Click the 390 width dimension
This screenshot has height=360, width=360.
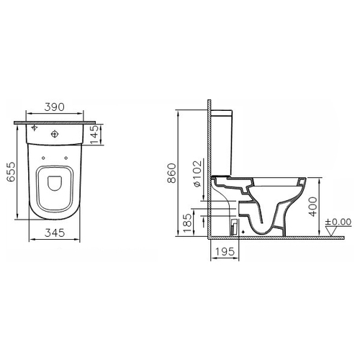pos(54,107)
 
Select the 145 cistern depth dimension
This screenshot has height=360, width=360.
pos(94,135)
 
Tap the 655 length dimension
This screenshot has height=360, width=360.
pos(11,172)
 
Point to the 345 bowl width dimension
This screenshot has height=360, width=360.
pos(55,233)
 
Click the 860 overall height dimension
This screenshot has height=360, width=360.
pos(172,173)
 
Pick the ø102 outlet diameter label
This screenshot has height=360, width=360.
pos(197,174)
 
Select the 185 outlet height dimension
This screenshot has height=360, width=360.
pos(188,223)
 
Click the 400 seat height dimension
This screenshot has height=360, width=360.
pos(312,207)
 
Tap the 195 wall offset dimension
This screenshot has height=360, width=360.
pos(225,251)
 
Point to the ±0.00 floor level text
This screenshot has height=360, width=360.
pos(338,222)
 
